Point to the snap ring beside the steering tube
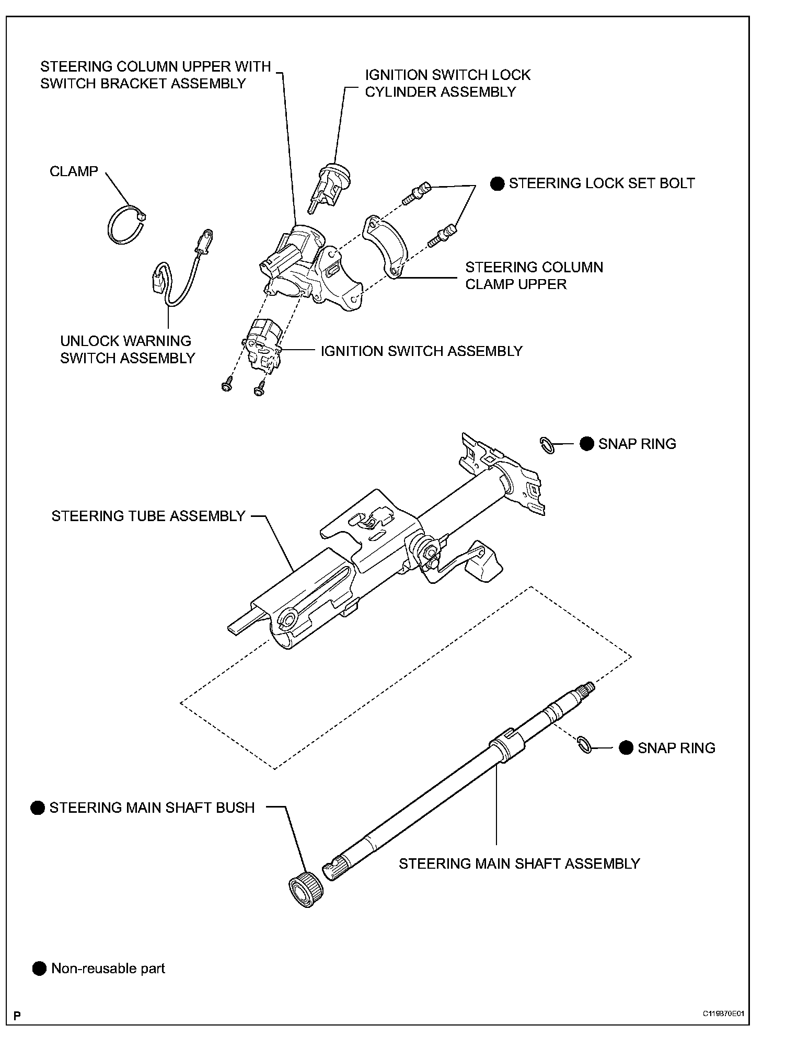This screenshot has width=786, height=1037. tap(547, 445)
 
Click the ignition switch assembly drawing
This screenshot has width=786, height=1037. tap(263, 345)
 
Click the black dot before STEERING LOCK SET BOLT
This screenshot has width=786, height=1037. tap(498, 183)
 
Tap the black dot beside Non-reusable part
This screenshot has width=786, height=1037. tap(40, 969)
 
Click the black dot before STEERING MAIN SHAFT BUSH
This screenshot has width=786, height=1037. tap(38, 808)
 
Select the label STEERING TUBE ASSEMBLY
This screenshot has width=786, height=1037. tap(148, 516)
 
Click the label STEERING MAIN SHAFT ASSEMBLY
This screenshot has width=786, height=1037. tap(519, 863)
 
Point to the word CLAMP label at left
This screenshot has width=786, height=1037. tap(74, 171)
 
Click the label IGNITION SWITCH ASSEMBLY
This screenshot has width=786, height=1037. tap(421, 351)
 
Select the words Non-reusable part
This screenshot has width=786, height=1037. tap(108, 969)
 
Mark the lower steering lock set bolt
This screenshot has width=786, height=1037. tap(442, 235)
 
